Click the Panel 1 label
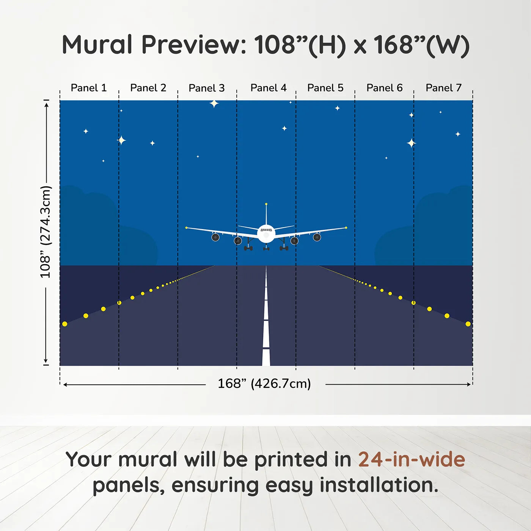tap(88, 88)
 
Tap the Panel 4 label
tap(268, 88)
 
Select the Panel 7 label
tap(443, 88)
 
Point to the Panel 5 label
tap(325, 88)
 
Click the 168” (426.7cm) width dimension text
tap(264, 383)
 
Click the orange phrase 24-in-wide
tap(412, 459)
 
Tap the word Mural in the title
tap(97, 45)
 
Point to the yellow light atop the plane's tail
tap(266, 204)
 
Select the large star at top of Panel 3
tap(214, 103)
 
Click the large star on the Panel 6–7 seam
tap(411, 143)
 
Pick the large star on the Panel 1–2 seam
tap(121, 140)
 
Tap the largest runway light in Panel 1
tap(65, 324)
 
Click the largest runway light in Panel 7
tap(468, 324)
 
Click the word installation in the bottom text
tap(379, 485)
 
